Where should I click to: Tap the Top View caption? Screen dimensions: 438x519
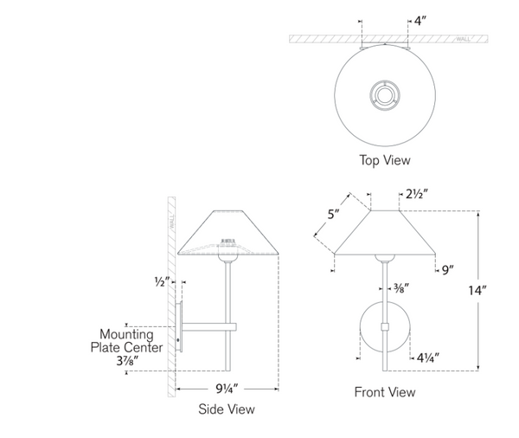pos(385,159)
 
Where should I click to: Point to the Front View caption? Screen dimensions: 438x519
pos(385,392)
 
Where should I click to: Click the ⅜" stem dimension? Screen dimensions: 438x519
pos(401,287)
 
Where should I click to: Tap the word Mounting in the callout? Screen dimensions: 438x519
pos(126,334)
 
